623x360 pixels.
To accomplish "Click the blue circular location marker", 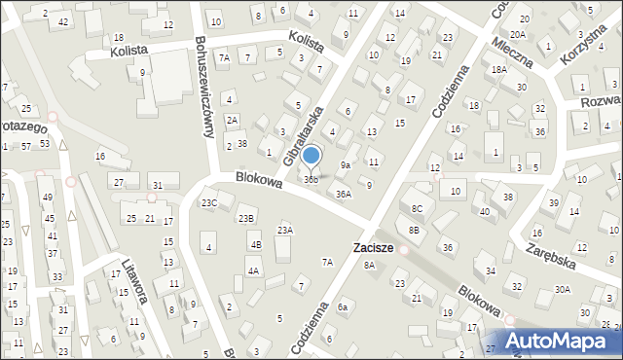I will pos(311,155).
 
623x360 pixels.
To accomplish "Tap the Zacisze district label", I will pos(373,248).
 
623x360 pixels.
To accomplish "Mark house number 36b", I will pos(311,180).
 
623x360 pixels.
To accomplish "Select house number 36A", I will pos(344,194).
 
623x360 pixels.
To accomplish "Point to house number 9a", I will pos(345,165).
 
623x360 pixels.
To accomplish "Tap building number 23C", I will pos(209,202).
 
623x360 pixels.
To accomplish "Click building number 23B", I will pos(247,218).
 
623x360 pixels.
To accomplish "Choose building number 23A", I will pos(284,230).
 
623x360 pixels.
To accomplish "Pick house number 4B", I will pos(255,244).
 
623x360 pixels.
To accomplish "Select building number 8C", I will pos(417,208).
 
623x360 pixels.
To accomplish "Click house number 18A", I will pos(498,70).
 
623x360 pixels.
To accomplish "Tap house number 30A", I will pos(563,289).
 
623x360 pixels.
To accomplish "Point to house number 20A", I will pos(518,33).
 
